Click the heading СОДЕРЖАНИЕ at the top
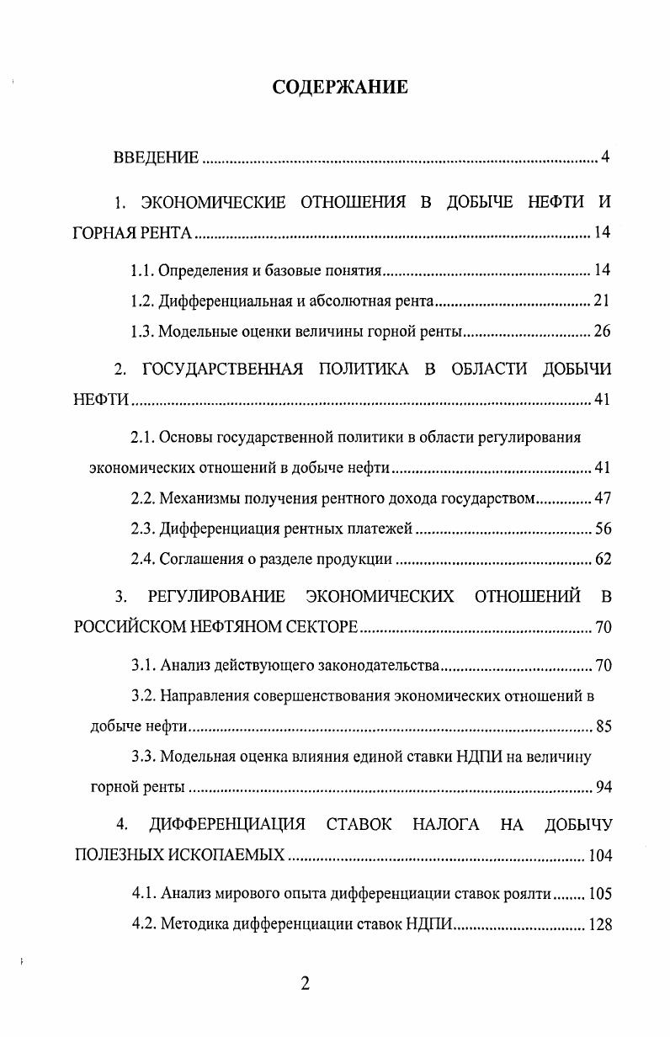[x=340, y=87]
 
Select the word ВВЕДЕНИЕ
[x=157, y=157]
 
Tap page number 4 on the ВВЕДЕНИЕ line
[x=605, y=157]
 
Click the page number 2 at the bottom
[x=306, y=984]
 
